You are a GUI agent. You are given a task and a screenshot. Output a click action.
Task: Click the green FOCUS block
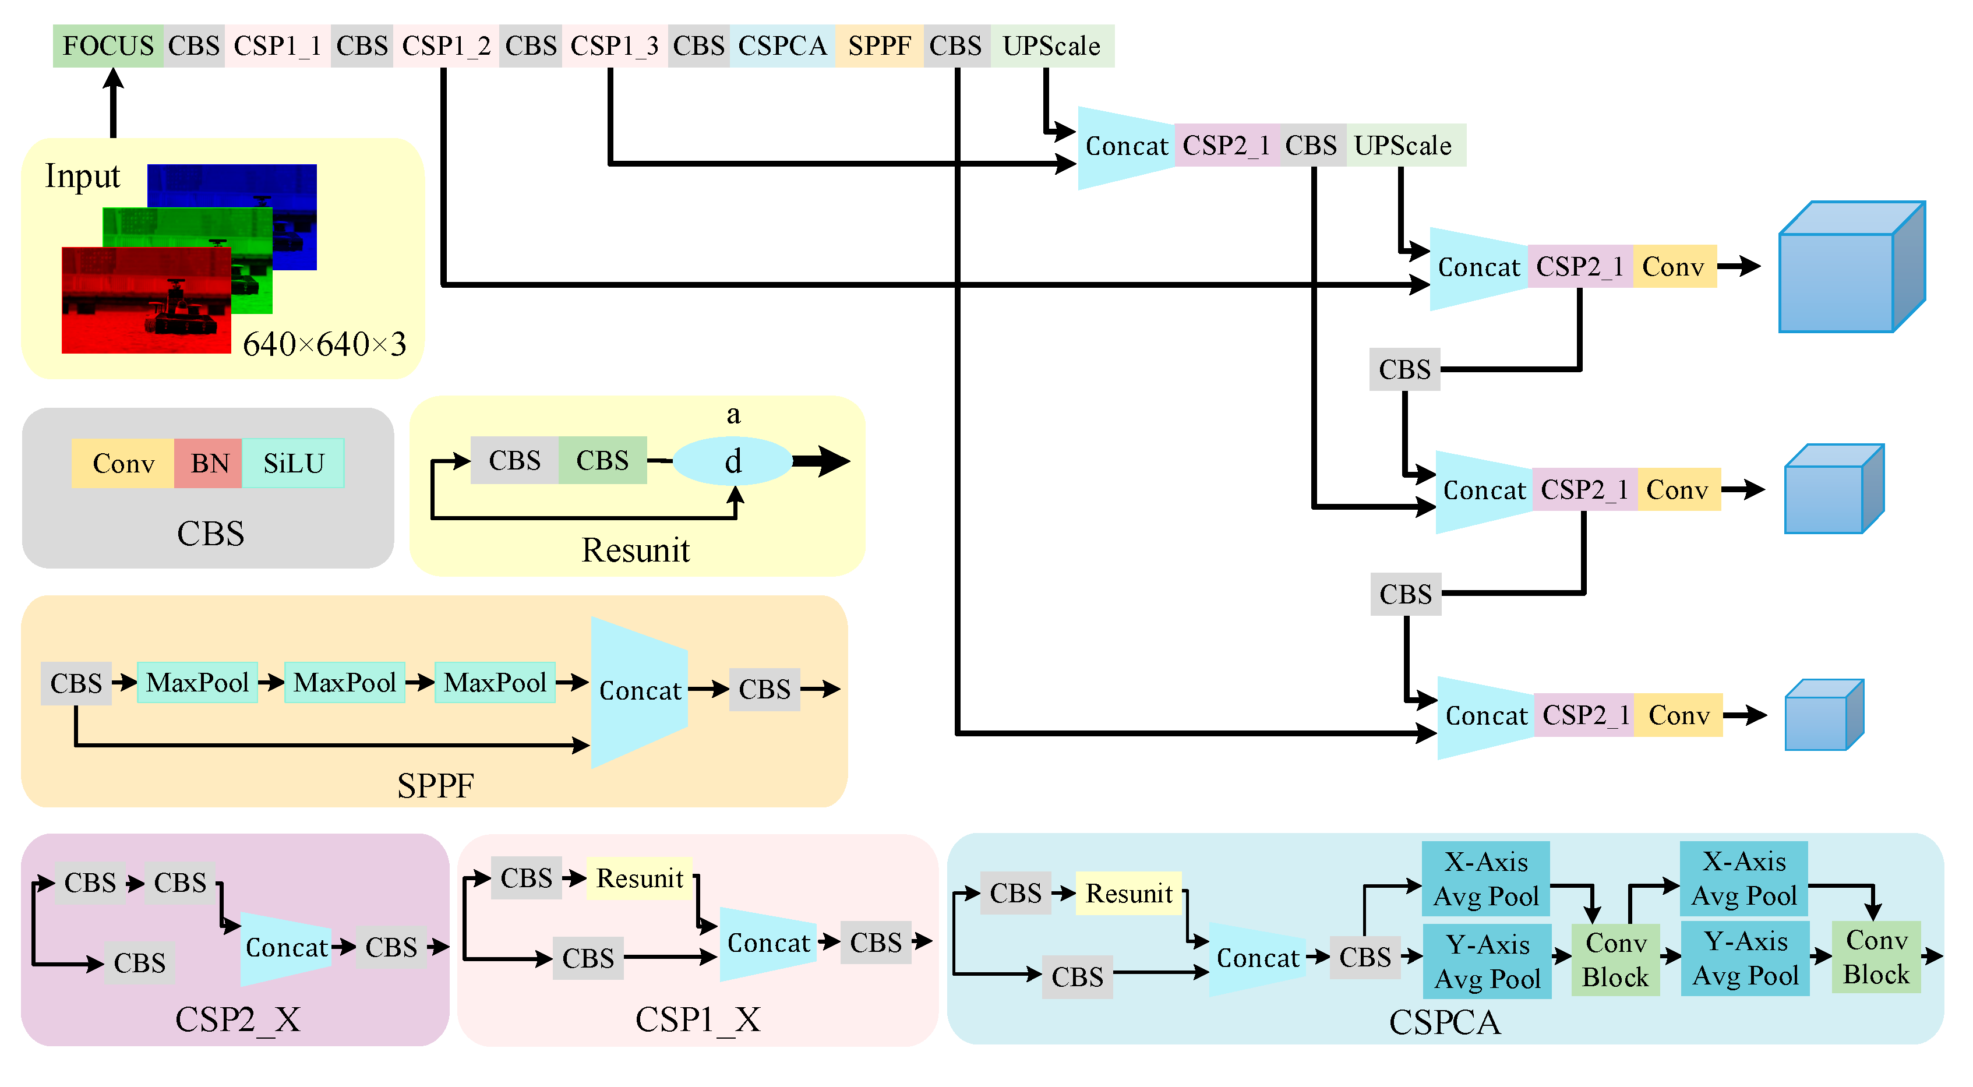107,46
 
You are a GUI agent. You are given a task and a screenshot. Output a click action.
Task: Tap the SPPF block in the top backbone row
878,46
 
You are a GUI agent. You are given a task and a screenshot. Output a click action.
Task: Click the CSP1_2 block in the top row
446,46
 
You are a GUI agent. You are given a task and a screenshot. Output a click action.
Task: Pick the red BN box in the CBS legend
209,464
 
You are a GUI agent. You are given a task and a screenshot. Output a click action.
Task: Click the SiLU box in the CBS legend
294,464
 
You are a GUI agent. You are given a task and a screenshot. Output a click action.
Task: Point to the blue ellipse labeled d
732,461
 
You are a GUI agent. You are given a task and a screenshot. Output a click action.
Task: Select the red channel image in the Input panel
146,300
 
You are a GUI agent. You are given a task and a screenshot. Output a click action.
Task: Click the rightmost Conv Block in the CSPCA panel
1876,958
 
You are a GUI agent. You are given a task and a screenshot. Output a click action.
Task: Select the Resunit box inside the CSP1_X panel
640,878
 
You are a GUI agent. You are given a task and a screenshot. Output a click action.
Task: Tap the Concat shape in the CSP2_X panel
285,948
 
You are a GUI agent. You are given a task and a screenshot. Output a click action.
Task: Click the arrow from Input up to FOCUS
114,104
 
